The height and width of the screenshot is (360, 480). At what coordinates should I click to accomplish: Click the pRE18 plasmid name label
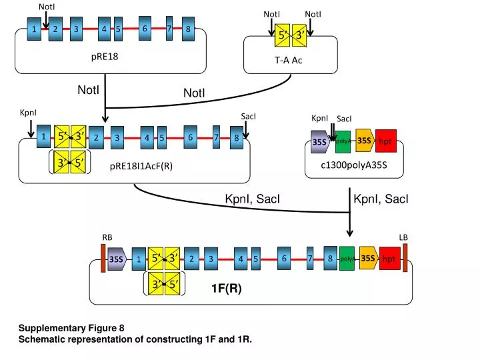pyautogui.click(x=105, y=57)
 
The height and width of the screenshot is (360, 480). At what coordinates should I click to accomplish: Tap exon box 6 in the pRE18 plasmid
pyautogui.click(x=145, y=29)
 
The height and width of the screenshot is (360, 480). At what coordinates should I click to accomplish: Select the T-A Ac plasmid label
pyautogui.click(x=289, y=60)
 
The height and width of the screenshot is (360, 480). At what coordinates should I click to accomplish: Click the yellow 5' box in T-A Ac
pyautogui.click(x=282, y=35)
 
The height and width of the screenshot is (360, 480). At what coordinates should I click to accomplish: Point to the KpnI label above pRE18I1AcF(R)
pyautogui.click(x=28, y=113)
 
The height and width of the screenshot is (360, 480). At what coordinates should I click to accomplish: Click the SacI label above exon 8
pyautogui.click(x=248, y=116)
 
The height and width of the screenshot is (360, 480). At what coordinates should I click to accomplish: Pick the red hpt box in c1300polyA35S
pyautogui.click(x=386, y=141)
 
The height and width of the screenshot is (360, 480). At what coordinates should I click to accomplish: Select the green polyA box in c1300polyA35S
pyautogui.click(x=343, y=142)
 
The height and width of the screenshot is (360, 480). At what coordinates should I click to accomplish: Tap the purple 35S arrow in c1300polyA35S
pyautogui.click(x=320, y=142)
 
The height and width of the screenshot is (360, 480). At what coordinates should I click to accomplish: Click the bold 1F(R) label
pyautogui.click(x=227, y=288)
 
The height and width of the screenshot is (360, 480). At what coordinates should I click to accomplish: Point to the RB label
pyautogui.click(x=107, y=237)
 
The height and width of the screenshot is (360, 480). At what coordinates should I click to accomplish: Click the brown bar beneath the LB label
pyautogui.click(x=405, y=258)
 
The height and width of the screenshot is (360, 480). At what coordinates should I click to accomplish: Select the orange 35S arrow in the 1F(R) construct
pyautogui.click(x=369, y=258)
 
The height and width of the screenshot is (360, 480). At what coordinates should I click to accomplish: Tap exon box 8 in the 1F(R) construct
pyautogui.click(x=330, y=259)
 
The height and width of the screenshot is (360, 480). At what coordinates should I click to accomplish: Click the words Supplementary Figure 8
pyautogui.click(x=71, y=328)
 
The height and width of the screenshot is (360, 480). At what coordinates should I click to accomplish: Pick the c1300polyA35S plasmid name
pyautogui.click(x=354, y=165)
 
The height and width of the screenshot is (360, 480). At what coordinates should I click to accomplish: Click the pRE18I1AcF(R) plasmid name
pyautogui.click(x=141, y=166)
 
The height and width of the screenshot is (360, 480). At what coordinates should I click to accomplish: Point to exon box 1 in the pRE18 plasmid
pyautogui.click(x=34, y=29)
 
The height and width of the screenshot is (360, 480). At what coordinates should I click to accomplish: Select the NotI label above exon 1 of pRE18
pyautogui.click(x=47, y=7)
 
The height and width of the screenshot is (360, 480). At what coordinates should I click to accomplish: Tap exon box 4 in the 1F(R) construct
pyautogui.click(x=241, y=259)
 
